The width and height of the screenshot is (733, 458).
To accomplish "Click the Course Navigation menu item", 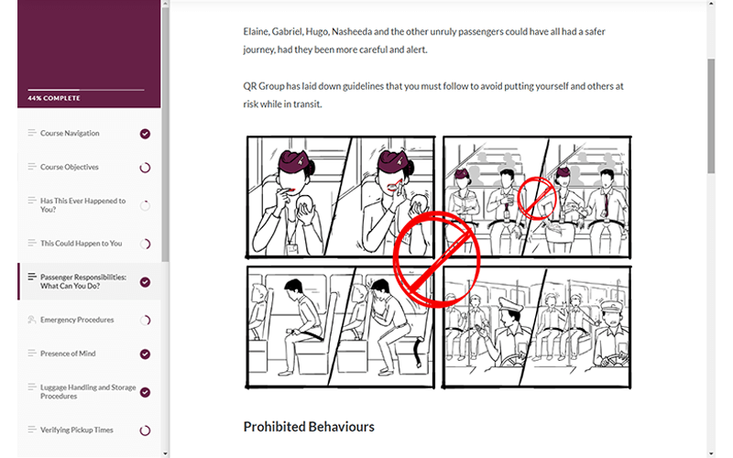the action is click(x=70, y=133).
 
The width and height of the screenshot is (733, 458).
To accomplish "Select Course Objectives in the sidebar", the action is click(x=70, y=167).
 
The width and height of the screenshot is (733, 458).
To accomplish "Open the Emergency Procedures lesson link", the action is click(x=77, y=320).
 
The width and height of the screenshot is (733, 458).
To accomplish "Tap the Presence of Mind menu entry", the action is click(x=68, y=354).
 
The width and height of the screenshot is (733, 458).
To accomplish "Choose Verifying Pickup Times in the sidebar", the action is click(x=77, y=430).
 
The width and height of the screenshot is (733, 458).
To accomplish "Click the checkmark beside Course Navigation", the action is click(x=145, y=134).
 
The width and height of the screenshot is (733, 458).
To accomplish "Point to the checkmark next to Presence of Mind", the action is click(x=145, y=354).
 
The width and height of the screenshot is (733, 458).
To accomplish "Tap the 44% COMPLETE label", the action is click(x=54, y=98).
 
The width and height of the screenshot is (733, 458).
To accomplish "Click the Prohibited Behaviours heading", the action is click(x=309, y=427).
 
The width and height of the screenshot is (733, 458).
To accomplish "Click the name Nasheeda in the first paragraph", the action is click(x=352, y=32).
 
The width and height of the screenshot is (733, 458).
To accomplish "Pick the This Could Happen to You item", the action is click(x=81, y=243).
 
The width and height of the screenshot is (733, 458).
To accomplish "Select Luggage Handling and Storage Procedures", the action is click(x=88, y=392).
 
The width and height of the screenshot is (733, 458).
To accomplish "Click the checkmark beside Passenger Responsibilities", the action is click(x=145, y=282).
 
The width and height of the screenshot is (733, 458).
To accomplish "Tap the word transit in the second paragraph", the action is click(x=308, y=104).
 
